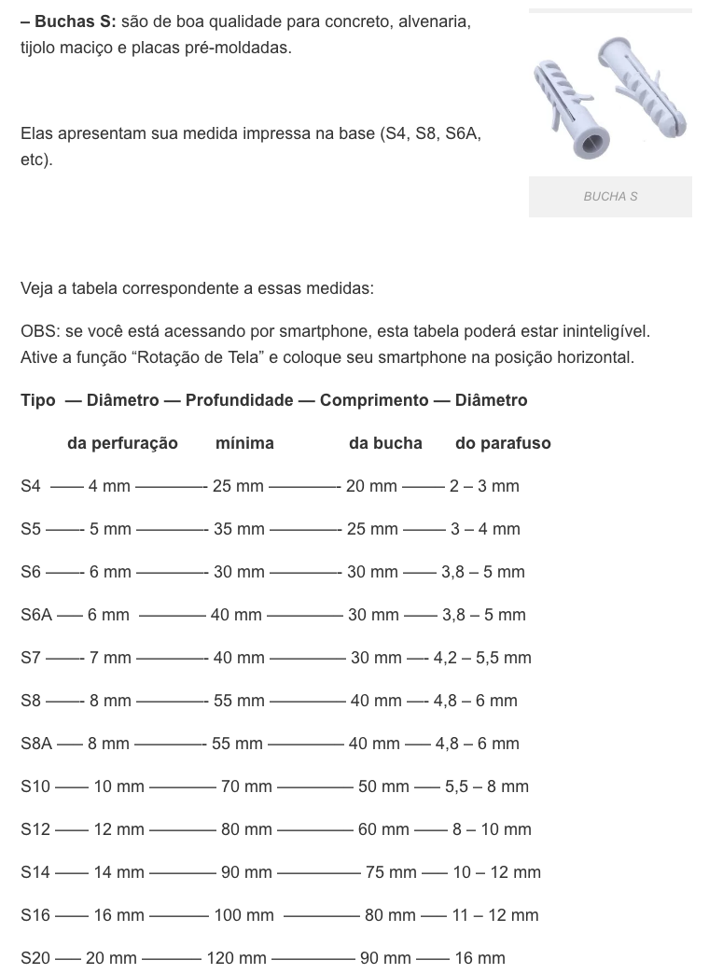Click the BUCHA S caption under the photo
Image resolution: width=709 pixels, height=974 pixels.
pos(610,197)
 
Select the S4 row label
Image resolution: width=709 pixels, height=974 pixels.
pos(31,486)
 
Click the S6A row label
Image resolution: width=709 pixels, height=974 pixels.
pos(36,615)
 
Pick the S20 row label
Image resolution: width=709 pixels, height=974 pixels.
pos(35,958)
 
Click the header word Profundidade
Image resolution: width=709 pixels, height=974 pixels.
pos(239,400)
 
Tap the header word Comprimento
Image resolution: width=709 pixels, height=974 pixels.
pos(374,400)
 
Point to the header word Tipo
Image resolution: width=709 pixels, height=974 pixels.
pos(38,400)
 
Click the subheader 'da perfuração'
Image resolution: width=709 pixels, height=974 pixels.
pos(122,443)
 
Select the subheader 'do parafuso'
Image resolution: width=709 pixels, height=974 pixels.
pos(503,443)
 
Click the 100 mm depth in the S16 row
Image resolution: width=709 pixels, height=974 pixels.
pos(244,915)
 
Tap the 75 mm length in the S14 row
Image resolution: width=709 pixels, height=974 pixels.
pos(391,872)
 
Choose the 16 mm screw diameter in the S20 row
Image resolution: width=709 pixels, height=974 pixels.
pos(480,958)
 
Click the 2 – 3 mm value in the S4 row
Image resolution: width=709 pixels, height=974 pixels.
pos(484,486)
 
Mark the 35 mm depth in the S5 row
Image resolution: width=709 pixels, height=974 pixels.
pos(239,529)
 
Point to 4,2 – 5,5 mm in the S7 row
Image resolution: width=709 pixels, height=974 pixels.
pos(482,658)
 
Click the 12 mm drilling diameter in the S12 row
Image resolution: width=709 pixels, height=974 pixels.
pos(119,829)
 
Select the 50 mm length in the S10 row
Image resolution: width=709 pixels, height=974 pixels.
pos(383,786)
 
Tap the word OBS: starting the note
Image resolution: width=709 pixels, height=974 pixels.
pos(38,331)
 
